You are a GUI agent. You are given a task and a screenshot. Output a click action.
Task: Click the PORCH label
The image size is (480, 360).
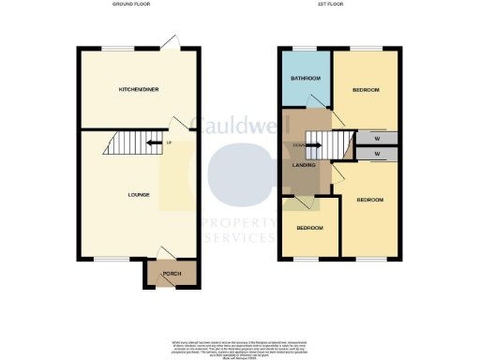[172, 274]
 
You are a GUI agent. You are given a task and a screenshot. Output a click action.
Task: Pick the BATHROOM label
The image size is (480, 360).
[307, 78]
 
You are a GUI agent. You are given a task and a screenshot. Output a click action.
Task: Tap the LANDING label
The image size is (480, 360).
[304, 165]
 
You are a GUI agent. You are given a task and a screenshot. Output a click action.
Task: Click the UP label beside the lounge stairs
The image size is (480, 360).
[169, 142]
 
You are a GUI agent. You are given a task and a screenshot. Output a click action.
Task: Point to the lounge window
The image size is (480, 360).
[106, 258]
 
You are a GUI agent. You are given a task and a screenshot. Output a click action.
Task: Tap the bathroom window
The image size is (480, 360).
[306, 47]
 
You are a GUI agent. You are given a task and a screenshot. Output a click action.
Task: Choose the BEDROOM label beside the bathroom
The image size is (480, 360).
[366, 90]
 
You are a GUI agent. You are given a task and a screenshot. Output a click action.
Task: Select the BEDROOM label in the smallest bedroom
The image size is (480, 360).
[310, 228]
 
